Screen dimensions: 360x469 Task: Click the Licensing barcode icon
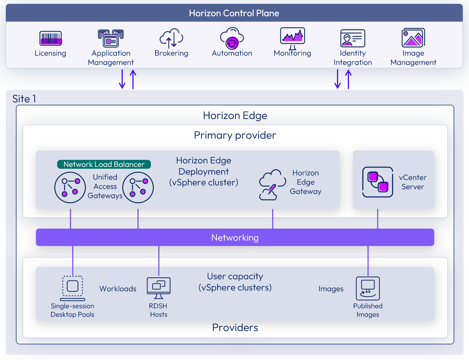[x=51, y=39]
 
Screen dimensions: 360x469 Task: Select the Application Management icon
[x=110, y=38]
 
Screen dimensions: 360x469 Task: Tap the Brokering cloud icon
[x=171, y=38]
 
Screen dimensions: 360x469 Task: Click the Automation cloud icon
[x=232, y=38]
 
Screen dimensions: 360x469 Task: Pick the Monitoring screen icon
[x=292, y=37]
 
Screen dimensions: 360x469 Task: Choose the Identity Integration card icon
[x=352, y=38]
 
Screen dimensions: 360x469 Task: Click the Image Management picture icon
[x=413, y=38]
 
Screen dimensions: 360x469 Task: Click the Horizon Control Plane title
[x=234, y=13]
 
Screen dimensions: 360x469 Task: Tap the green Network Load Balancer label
[x=104, y=164]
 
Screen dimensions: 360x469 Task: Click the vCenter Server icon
[x=378, y=182]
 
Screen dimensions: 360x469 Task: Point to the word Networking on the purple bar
[x=235, y=238]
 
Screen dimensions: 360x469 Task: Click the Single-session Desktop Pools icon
[x=72, y=288]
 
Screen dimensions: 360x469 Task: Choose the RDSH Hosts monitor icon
[x=159, y=288]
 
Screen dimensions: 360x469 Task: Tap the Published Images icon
[x=367, y=288]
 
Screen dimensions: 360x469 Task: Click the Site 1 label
[x=24, y=99]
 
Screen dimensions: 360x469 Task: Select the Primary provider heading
[x=235, y=136]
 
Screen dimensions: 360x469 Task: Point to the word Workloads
[x=118, y=289]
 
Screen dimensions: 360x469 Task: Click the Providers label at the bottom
[x=235, y=328]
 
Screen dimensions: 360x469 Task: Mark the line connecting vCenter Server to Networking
[x=378, y=219]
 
